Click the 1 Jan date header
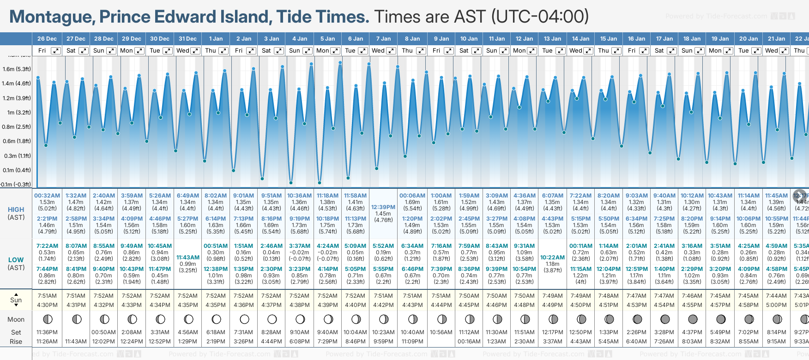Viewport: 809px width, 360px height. tap(216, 39)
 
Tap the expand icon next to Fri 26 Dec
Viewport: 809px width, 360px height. tap(55, 51)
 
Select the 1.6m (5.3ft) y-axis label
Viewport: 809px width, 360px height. tap(17, 69)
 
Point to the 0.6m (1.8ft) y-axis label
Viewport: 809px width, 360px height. tap(17, 141)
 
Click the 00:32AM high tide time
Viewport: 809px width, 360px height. tap(47, 196)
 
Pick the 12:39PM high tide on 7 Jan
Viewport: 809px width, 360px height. tap(383, 207)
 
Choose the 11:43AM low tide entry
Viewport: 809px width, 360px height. tap(188, 258)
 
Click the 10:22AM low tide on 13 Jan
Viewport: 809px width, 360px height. tap(553, 258)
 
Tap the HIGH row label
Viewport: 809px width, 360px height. tap(16, 210)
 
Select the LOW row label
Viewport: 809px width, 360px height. tap(16, 260)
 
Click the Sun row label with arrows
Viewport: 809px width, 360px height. tap(16, 300)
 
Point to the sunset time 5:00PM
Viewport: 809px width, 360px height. tap(776, 305)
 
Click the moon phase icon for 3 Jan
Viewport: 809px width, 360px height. tap(272, 319)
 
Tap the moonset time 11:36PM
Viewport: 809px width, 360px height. tap(47, 332)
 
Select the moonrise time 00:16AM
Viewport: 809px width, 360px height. tap(469, 342)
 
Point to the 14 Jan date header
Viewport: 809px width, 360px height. tap(580, 39)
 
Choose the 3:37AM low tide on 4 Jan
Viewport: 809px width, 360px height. tap(300, 246)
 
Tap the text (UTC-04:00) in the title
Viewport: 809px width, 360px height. tap(540, 17)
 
